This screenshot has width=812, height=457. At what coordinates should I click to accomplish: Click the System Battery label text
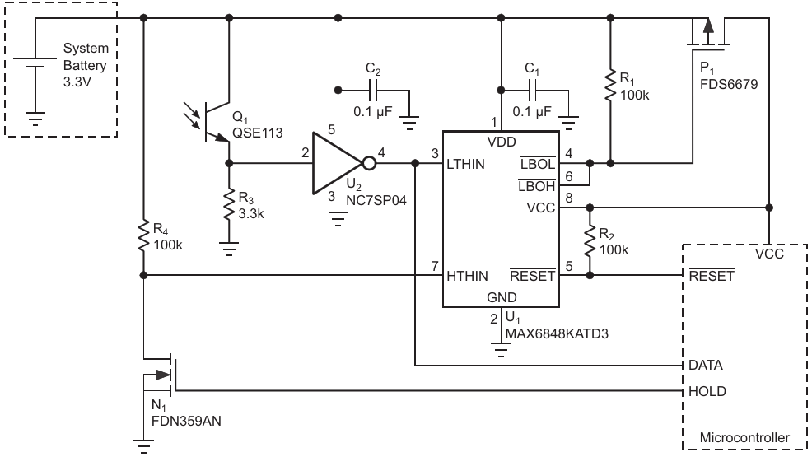pyautogui.click(x=86, y=57)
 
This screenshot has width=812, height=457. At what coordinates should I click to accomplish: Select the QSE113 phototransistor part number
pyautogui.click(x=258, y=133)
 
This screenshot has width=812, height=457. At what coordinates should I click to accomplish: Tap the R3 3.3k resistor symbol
pyautogui.click(x=228, y=205)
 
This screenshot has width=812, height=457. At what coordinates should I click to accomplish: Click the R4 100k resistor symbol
pyautogui.click(x=143, y=236)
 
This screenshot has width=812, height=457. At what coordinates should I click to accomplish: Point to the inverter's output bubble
pyautogui.click(x=369, y=164)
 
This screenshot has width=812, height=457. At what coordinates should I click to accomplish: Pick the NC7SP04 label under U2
pyautogui.click(x=376, y=200)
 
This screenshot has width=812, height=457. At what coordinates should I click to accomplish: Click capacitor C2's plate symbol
pyautogui.click(x=373, y=91)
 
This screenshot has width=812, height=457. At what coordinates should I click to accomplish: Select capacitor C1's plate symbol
pyautogui.click(x=532, y=91)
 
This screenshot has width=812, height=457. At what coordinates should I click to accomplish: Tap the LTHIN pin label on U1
pyautogui.click(x=465, y=164)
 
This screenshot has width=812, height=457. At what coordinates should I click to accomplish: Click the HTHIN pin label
pyautogui.click(x=467, y=277)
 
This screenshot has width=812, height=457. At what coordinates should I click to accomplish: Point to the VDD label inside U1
pyautogui.click(x=502, y=142)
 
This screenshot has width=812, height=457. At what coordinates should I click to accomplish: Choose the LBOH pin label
pyautogui.click(x=536, y=186)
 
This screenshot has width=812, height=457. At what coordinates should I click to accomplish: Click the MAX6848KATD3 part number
pyautogui.click(x=557, y=333)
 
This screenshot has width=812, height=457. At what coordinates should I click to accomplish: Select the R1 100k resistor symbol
pyautogui.click(x=610, y=85)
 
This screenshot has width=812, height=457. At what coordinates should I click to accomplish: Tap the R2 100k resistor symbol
pyautogui.click(x=590, y=241)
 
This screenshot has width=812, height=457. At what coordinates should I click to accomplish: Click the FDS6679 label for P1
pyautogui.click(x=729, y=84)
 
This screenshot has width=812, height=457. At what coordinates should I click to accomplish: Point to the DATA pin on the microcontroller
pyautogui.click(x=705, y=366)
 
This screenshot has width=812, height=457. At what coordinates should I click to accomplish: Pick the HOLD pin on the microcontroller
pyautogui.click(x=707, y=392)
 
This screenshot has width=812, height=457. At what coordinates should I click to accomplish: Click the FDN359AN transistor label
pyautogui.click(x=186, y=422)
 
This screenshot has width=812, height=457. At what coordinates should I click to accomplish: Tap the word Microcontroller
pyautogui.click(x=744, y=438)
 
